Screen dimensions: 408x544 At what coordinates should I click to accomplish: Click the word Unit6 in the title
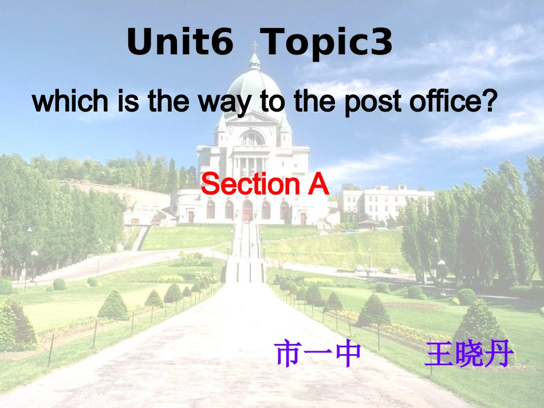coord(180,42)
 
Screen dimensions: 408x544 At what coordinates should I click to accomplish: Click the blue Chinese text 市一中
coord(318,354)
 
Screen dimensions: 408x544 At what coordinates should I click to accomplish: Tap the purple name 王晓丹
coord(468,354)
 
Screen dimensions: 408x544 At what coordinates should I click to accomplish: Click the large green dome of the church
coord(254,86)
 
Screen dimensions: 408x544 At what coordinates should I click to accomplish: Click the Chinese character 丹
coord(499,354)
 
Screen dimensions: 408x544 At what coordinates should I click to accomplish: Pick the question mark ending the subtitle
coord(487,102)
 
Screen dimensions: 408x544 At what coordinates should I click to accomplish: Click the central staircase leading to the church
coord(245,252)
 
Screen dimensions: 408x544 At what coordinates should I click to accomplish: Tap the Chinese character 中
coord(348,354)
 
